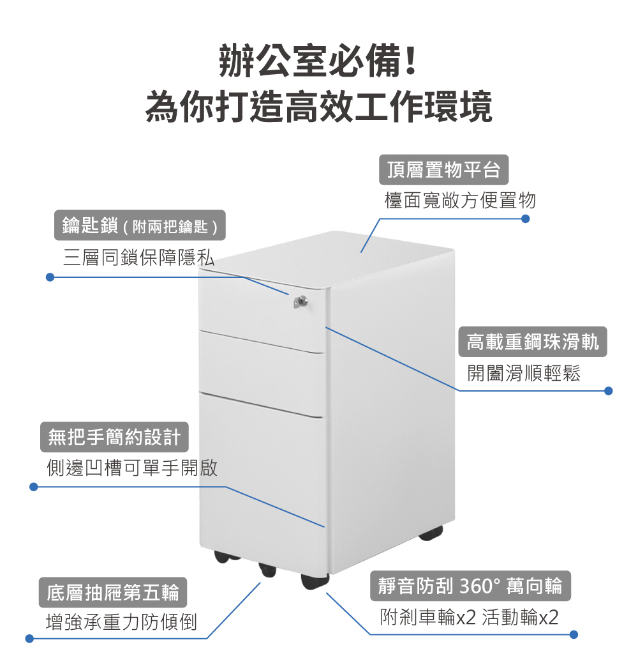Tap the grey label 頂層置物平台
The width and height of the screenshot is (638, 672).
point(444,170)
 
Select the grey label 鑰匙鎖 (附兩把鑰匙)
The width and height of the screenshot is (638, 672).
point(140,225)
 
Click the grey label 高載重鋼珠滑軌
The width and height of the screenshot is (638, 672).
point(533,342)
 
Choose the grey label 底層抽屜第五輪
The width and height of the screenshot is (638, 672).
point(112,592)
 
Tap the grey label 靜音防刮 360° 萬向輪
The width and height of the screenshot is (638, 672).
point(470,586)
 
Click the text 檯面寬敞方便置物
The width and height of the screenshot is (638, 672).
point(460,201)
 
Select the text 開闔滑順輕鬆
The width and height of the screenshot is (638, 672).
point(524,373)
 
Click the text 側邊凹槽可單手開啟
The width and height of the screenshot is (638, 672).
point(132,468)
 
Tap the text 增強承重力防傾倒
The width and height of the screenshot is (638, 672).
point(122,622)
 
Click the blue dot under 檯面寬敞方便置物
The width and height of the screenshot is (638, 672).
point(526,218)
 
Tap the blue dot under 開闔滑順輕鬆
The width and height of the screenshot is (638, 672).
point(608,390)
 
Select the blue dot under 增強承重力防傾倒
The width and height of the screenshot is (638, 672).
point(29,638)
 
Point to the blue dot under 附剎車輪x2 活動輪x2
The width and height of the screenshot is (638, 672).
point(573,634)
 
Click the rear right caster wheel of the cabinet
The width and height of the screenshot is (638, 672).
point(431,532)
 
